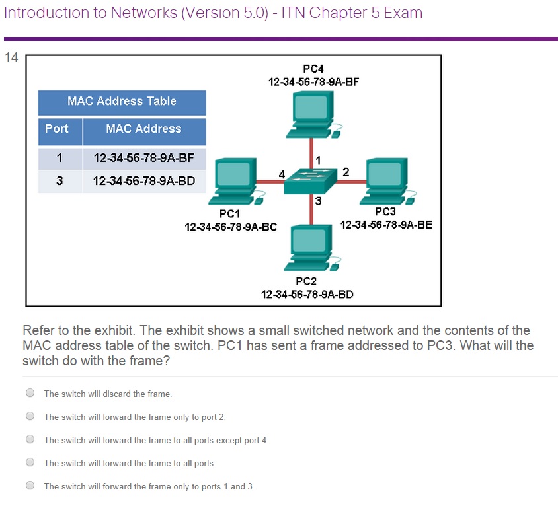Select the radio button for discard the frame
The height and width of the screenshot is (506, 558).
[30, 393]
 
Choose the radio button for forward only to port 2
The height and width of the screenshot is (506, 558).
[30, 416]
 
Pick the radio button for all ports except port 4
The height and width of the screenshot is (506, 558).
[30, 439]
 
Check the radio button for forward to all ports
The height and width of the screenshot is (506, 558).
[30, 462]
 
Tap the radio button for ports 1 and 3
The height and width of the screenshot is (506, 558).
[30, 486]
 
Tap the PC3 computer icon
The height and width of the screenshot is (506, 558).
[388, 178]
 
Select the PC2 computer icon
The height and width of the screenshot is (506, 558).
[309, 248]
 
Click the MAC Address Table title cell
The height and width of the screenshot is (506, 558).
[122, 102]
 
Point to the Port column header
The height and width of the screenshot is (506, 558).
[58, 129]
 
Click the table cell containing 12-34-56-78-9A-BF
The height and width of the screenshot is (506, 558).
[144, 159]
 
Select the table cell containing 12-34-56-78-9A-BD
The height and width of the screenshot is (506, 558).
[144, 180]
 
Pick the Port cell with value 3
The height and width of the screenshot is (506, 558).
[60, 180]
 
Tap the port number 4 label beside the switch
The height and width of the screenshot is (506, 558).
[282, 174]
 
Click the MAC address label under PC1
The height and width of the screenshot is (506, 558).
[231, 227]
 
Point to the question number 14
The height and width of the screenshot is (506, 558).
[11, 57]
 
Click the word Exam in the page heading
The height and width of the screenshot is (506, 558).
[404, 13]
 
